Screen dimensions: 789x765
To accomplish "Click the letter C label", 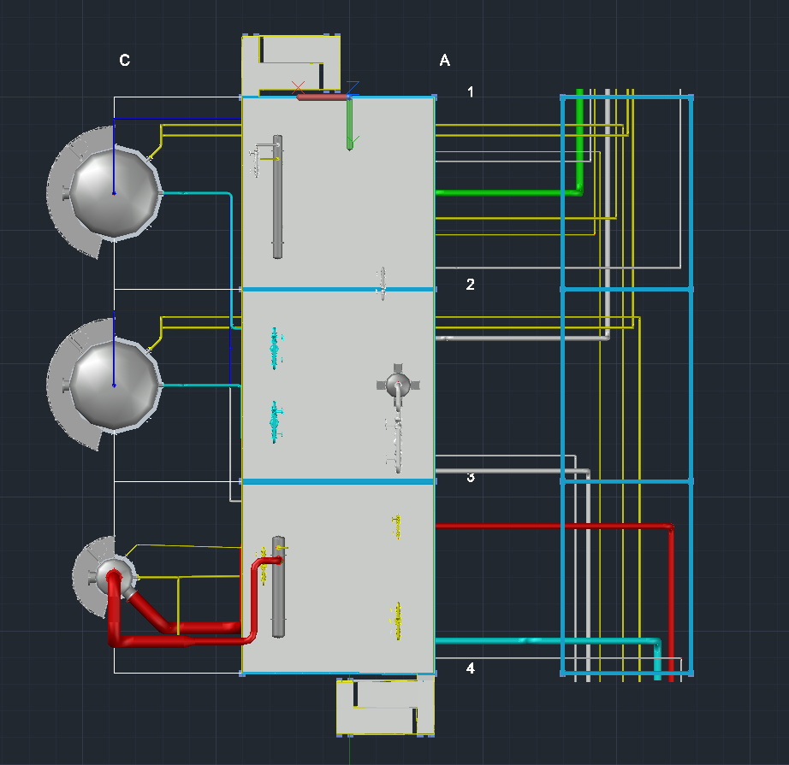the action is [x=125, y=60].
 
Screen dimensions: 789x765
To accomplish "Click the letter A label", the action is [x=444, y=60].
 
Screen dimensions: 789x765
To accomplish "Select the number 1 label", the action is [x=470, y=91].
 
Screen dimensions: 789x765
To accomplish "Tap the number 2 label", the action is [x=470, y=285].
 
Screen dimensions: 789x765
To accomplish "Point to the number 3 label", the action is [x=470, y=477].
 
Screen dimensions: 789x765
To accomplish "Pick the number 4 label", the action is [x=470, y=668].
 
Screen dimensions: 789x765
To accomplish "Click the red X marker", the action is [x=298, y=88].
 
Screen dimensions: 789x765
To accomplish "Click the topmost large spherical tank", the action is [x=114, y=193].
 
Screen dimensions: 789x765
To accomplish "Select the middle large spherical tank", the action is [x=114, y=385].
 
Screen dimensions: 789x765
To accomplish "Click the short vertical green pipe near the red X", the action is [x=350, y=124].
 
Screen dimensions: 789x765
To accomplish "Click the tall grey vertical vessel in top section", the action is [x=277, y=197].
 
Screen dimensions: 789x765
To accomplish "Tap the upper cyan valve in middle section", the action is [x=275, y=346].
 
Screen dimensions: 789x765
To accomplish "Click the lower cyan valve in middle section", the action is [x=275, y=421].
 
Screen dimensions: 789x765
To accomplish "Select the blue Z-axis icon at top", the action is [x=353, y=86].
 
